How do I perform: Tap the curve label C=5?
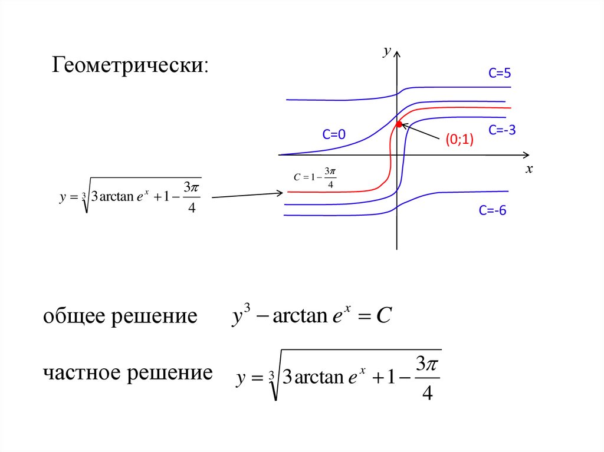tap(499, 74)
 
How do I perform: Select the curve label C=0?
tap(333, 136)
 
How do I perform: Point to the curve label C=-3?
tap(502, 130)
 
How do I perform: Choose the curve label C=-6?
tap(493, 211)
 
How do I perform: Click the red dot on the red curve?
tap(399, 124)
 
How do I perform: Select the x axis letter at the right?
tap(529, 169)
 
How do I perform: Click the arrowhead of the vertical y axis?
tap(398, 54)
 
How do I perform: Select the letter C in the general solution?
tap(383, 316)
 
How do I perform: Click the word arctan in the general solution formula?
tap(300, 316)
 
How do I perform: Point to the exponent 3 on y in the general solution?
tap(248, 308)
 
